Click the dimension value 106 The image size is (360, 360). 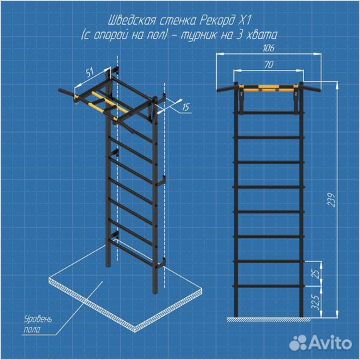[269, 48]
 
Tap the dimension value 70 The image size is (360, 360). [269, 65]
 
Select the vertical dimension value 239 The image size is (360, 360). [331, 200]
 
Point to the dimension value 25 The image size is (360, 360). [316, 273]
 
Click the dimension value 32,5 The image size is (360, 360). [316, 302]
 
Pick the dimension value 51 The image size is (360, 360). [90, 72]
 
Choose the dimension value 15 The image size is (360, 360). [185, 107]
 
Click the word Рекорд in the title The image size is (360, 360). [217, 21]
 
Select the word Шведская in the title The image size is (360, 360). [131, 21]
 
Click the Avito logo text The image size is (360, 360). [331, 343]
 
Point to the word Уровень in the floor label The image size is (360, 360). [39, 319]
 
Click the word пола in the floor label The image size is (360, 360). [32, 330]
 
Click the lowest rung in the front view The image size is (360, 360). [269, 286]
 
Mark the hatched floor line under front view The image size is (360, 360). [269, 319]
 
